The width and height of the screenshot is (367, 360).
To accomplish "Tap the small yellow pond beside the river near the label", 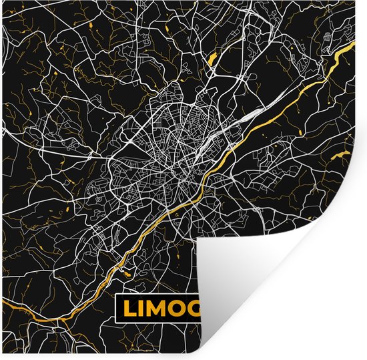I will (125, 271).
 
